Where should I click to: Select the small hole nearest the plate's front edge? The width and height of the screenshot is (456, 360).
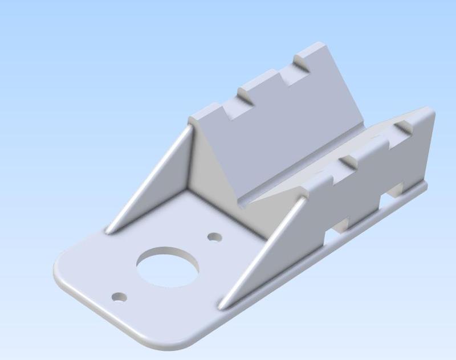(119, 297)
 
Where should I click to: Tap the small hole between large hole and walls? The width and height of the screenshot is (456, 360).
(214, 236)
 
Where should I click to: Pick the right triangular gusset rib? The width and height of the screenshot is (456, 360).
(259, 251)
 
